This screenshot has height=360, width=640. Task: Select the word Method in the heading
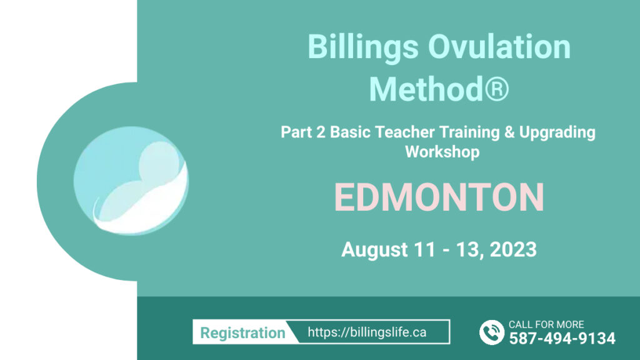tap(426, 89)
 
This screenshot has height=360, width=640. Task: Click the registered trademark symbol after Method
tap(496, 89)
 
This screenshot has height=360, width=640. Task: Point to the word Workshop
tap(442, 152)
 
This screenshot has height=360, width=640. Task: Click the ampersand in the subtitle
tap(509, 132)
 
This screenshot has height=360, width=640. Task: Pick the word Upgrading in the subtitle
tap(557, 133)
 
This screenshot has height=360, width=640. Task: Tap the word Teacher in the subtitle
tap(404, 132)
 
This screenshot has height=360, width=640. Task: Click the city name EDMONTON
tap(439, 197)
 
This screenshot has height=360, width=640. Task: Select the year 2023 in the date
tap(513, 249)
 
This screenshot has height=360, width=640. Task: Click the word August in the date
tap(374, 250)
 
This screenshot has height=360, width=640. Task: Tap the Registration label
tap(242, 333)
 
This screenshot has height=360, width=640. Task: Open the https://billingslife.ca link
tap(367, 332)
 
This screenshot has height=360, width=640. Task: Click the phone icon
tap(492, 332)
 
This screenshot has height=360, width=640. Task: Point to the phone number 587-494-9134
tap(562, 338)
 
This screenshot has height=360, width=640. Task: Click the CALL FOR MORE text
tap(546, 324)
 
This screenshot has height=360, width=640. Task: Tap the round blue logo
tap(131, 181)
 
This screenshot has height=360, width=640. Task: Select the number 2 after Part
tap(321, 132)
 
